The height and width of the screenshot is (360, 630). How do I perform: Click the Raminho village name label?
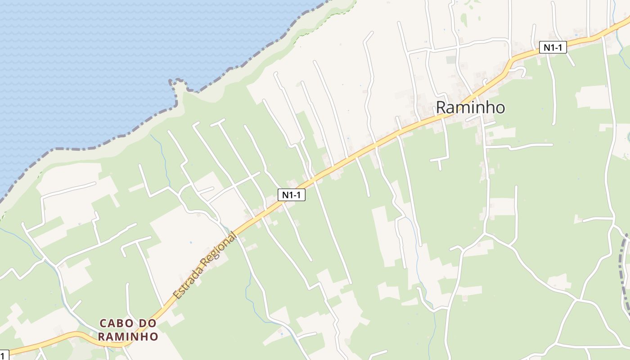tap(470, 108)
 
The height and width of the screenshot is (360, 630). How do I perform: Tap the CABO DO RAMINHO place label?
tap(128, 330)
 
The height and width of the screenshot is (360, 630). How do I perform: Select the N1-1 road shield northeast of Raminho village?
tap(553, 47)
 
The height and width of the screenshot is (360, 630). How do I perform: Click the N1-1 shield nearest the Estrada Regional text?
tap(292, 195)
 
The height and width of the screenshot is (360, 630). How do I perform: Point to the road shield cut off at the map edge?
tap(4, 355)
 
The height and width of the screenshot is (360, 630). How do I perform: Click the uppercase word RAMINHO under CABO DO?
tap(128, 337)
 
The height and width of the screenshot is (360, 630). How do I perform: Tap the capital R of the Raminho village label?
tap(442, 108)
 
